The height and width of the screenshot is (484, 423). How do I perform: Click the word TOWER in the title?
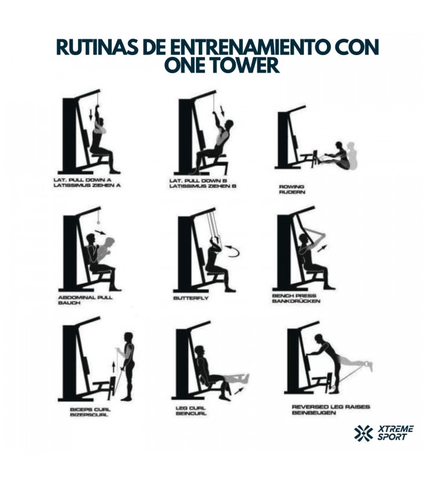coord(244,65)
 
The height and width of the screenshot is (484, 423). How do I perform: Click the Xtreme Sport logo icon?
coord(364,433)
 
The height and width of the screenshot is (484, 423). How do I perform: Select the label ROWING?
coord(291,186)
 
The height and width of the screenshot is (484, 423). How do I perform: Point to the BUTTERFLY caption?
coord(191,298)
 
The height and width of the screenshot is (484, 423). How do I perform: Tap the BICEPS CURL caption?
coord(90,410)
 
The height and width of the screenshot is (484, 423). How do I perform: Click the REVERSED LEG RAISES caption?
coord(331,407)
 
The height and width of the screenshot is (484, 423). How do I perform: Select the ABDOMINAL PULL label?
coord(85,298)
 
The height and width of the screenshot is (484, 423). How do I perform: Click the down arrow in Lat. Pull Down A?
coord(91,114)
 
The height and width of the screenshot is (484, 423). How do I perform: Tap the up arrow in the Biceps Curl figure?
coord(114,367)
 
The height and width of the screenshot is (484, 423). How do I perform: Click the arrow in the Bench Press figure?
coord(323,249)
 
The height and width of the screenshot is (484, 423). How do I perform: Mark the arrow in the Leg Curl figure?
coord(239,391)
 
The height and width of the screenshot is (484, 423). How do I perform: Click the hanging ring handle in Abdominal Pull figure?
coord(98,222)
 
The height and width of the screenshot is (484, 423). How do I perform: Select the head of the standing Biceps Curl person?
coord(129,338)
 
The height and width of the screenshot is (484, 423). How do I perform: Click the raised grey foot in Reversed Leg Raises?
coord(368,366)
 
